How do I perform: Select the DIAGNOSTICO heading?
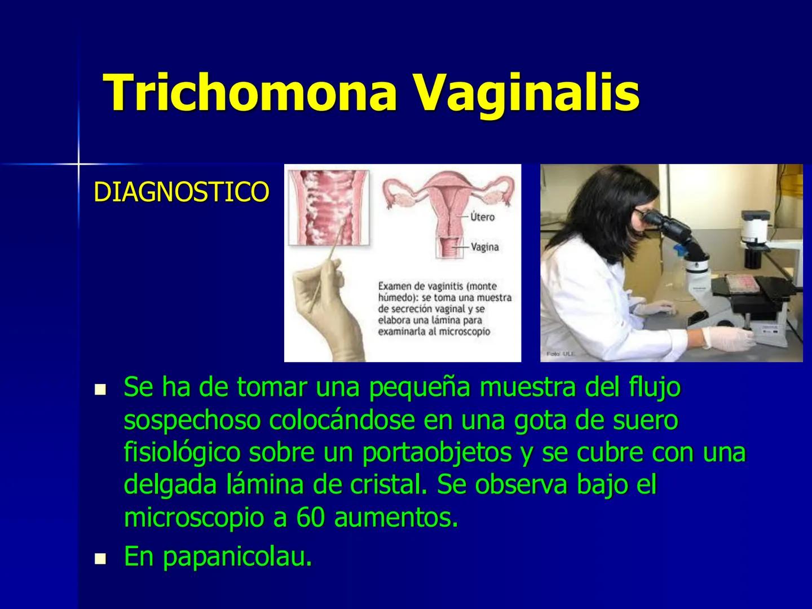tap(181, 192)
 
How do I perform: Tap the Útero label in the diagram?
tap(482, 217)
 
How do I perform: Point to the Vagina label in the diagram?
tap(484, 247)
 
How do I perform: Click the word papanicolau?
tap(237, 558)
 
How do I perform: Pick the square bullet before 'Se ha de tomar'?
tap(100, 389)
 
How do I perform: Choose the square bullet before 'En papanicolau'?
tap(100, 559)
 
